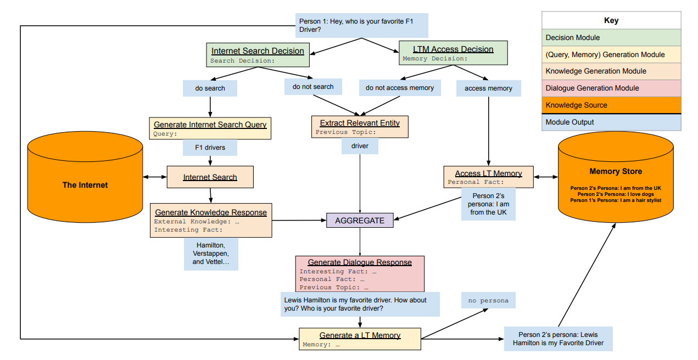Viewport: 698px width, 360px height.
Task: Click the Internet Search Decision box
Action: click(x=258, y=55)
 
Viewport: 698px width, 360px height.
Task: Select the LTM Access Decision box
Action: click(x=453, y=53)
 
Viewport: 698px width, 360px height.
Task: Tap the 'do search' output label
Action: click(x=210, y=88)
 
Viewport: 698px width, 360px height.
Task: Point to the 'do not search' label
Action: click(x=313, y=87)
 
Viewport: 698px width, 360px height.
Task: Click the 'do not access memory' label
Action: click(x=400, y=88)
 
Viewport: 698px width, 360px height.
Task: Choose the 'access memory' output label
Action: click(x=488, y=88)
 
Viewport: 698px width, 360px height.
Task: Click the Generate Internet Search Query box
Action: click(x=210, y=128)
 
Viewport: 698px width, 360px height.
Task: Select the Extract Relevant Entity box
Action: click(x=360, y=127)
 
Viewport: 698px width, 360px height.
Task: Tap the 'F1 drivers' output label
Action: click(x=210, y=147)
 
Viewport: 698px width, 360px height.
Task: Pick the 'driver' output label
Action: click(x=360, y=146)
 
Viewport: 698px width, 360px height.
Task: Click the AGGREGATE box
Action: click(x=360, y=221)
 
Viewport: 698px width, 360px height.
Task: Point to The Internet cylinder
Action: click(x=85, y=177)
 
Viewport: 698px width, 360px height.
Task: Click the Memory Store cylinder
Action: click(x=616, y=177)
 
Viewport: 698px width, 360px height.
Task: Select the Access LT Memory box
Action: click(x=488, y=177)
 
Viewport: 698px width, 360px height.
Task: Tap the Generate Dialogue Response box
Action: click(x=360, y=274)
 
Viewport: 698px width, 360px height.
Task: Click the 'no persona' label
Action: click(x=488, y=300)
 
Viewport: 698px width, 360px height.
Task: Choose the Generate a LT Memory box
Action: click(x=360, y=339)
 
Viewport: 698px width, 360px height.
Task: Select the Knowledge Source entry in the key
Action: click(x=611, y=105)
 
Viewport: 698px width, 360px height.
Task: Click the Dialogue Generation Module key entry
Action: click(x=611, y=88)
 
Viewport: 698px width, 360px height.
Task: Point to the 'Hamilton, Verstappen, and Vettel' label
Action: click(x=211, y=254)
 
